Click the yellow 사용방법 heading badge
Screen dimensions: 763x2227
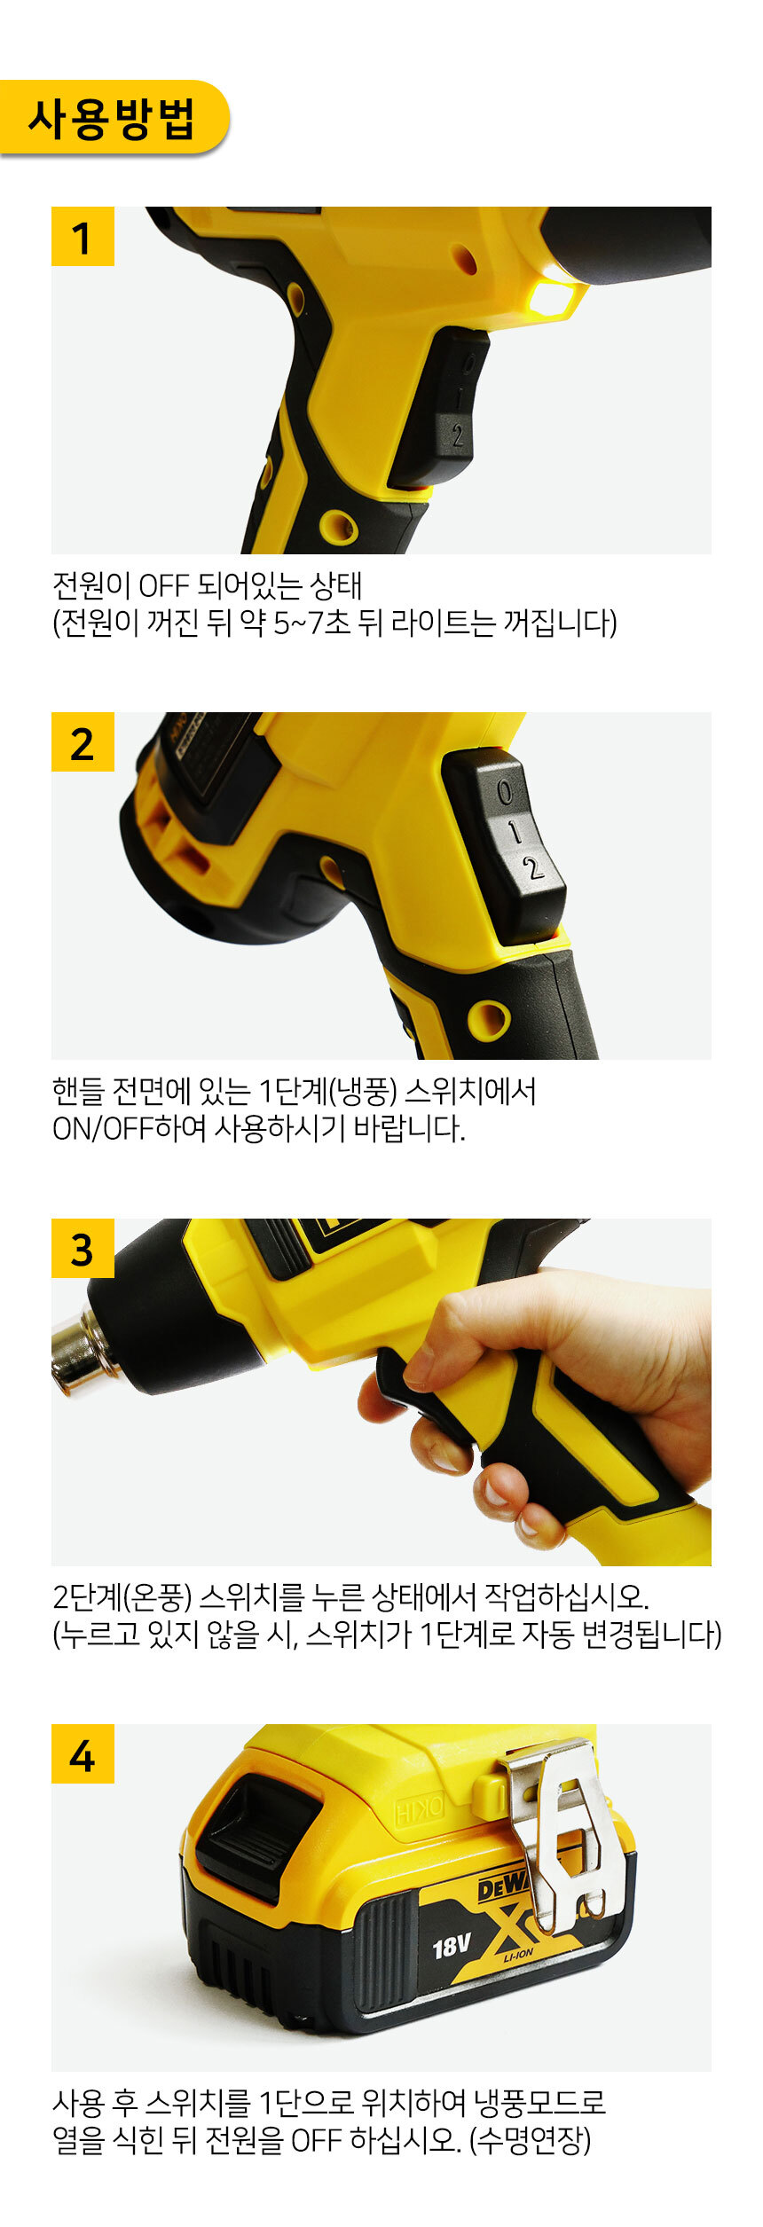pos(113,118)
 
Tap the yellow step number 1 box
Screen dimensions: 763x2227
pos(83,236)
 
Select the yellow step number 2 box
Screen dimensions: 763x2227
pos(83,741)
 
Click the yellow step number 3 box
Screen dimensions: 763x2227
pos(83,1248)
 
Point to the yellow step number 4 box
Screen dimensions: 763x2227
pos(83,1753)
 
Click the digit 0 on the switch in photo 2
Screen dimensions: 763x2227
pos(504,791)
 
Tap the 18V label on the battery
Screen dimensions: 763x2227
pos(452,1947)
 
